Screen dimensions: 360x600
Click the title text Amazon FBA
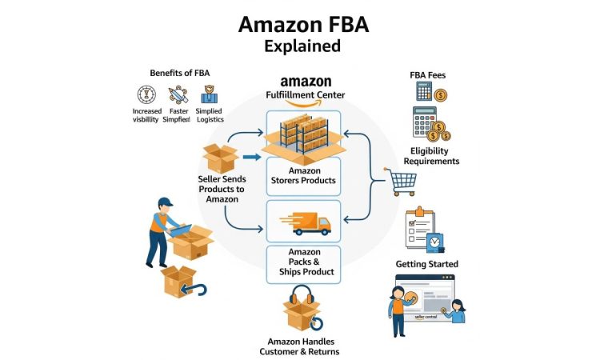click(x=302, y=24)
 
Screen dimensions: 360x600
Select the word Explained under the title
click(x=302, y=46)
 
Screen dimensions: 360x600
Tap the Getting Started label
click(x=427, y=264)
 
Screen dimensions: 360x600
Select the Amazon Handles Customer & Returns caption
click(x=299, y=347)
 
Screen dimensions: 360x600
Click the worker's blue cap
click(x=165, y=200)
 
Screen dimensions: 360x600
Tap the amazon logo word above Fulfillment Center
click(x=305, y=82)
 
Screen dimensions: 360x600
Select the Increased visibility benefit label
click(x=146, y=114)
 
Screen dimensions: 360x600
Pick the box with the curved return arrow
click(x=178, y=282)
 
